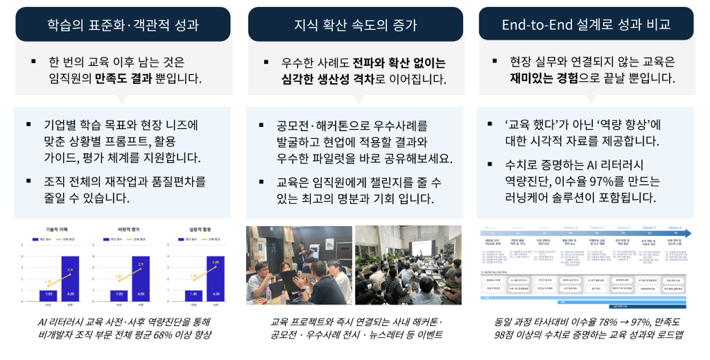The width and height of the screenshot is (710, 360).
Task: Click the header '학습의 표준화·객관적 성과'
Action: click(123, 25)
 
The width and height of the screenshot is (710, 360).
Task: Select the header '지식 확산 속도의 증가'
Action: click(355, 25)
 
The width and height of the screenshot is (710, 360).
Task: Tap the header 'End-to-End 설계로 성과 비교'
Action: click(587, 25)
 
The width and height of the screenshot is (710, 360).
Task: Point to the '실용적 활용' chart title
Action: click(192, 228)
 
